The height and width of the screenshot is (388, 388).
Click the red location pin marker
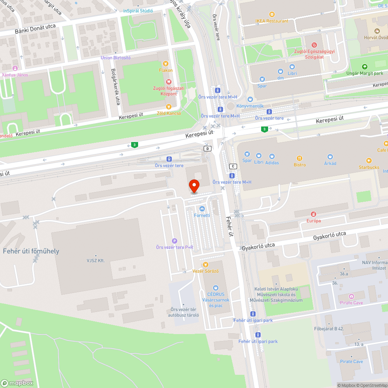click(194, 186)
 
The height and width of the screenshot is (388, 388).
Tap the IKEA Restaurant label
click(272, 21)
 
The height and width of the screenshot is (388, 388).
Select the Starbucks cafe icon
click(369, 161)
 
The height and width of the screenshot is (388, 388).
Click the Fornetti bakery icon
click(202, 209)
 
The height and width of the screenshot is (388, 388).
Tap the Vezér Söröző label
click(206, 271)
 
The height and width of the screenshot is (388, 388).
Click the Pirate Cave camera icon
click(352, 296)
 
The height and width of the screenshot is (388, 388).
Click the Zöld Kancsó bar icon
click(168, 107)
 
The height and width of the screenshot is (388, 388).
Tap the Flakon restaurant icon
click(166, 64)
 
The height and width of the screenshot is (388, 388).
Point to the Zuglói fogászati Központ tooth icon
click(168, 82)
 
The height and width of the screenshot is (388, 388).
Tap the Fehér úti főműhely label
click(31, 251)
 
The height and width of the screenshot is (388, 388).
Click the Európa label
click(314, 221)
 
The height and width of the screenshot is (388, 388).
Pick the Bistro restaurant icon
click(300, 158)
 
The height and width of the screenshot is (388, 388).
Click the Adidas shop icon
click(272, 156)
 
